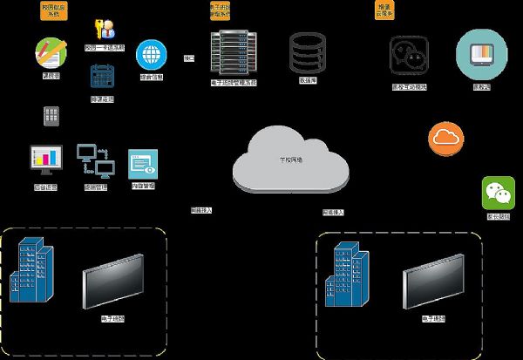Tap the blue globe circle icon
pyautogui.click(x=152, y=56)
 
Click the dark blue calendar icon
pyautogui.click(x=103, y=76)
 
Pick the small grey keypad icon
pyautogui.click(x=51, y=114)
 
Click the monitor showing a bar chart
pyautogui.click(x=46, y=160)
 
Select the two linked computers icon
pyautogui.click(x=95, y=159)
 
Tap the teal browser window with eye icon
pyautogui.click(x=143, y=163)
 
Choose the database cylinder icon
pyautogui.click(x=306, y=53)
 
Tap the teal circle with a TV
pyautogui.click(x=480, y=54)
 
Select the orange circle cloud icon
pyautogui.click(x=446, y=138)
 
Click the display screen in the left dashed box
pyautogui.click(x=113, y=281)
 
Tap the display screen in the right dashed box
pyautogui.click(x=434, y=281)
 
